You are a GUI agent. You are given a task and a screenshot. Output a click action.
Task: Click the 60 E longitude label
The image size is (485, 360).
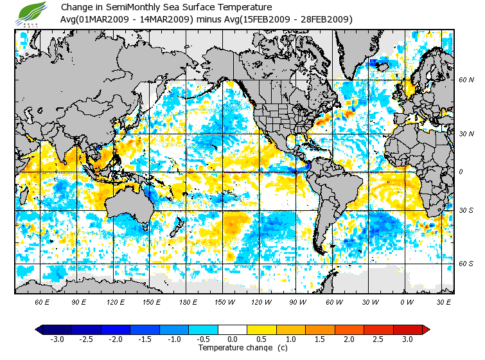(42, 301)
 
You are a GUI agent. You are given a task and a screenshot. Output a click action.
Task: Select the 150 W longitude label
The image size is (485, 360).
(224, 301)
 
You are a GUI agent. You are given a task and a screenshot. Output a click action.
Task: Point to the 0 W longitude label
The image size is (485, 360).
(406, 301)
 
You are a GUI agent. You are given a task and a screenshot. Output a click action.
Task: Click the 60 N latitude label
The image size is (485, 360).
(466, 80)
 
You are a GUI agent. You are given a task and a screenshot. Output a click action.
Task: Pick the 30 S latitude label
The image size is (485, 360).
(466, 211)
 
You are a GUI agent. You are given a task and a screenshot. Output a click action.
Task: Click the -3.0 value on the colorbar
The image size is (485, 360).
(57, 339)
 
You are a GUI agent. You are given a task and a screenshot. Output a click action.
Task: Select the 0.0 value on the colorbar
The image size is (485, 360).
(233, 339)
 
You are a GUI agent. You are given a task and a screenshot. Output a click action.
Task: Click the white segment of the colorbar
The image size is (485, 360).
(233, 329)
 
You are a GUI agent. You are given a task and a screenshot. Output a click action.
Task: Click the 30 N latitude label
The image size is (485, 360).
(466, 134)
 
